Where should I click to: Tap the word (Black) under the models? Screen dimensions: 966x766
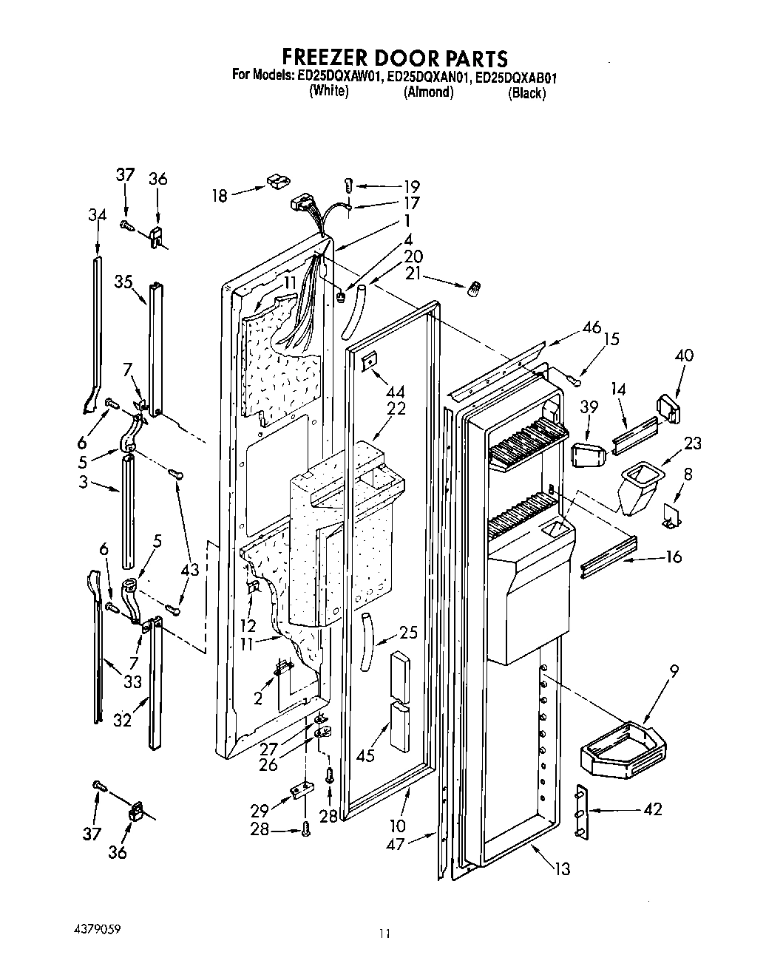point(526,93)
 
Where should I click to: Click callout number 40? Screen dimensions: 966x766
point(684,355)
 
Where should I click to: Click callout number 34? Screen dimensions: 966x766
point(97,215)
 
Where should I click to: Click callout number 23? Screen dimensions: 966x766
point(692,444)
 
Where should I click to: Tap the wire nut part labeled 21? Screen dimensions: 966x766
point(471,291)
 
